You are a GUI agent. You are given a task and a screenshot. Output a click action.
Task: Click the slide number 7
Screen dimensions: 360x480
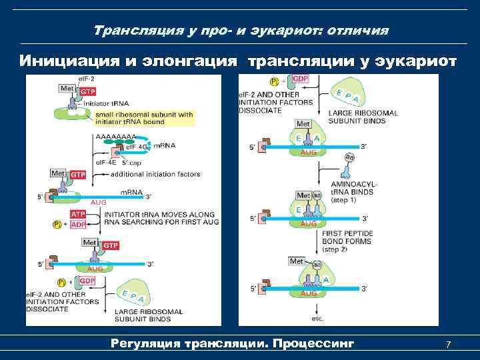448,345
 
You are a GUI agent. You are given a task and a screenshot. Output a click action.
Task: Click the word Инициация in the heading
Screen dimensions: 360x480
61,61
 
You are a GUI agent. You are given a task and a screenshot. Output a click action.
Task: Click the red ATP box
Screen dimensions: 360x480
79,215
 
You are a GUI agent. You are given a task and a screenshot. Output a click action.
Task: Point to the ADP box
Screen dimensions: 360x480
79,225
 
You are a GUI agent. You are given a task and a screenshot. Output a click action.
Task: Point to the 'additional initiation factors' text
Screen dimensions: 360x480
155,174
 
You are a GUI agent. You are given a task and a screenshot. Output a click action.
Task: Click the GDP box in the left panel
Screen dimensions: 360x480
87,281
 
